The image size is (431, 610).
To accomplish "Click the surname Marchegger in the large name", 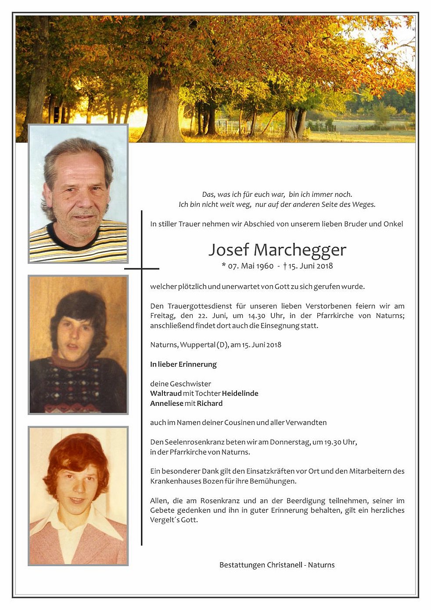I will click(300, 250).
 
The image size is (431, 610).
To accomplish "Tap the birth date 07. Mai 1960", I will click(250, 266).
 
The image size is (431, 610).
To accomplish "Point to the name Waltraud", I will click(165, 393).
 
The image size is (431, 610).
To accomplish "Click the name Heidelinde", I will click(240, 393).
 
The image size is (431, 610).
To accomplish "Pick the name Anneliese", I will click(166, 404).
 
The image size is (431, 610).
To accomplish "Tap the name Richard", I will click(209, 404).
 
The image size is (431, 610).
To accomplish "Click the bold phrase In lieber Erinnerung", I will click(183, 365).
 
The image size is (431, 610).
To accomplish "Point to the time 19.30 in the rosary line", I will click(333, 442).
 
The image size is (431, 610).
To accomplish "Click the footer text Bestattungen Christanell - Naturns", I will click(277, 565).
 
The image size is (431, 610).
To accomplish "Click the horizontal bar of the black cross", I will click(141, 268).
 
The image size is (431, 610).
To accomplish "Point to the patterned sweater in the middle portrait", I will click(77, 386).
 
